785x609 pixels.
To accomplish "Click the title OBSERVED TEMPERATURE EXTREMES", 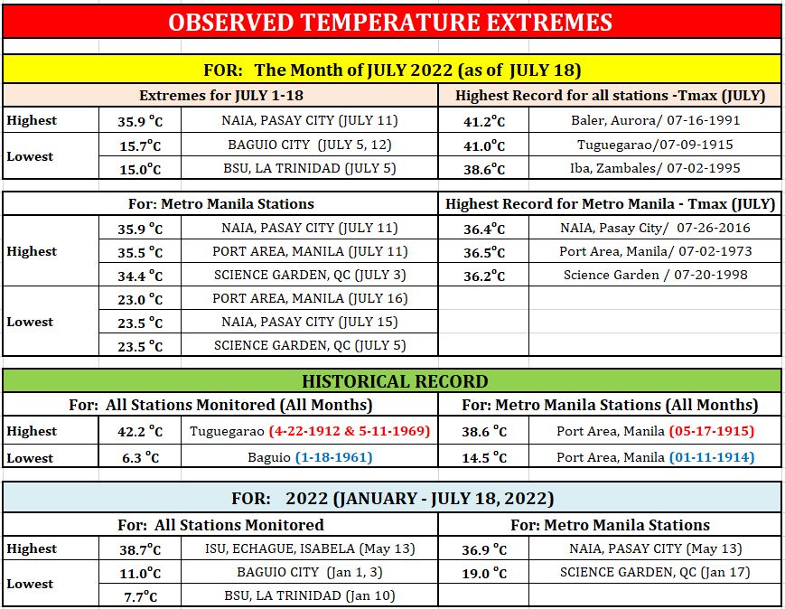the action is [x=390, y=23].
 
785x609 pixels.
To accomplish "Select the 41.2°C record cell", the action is [x=483, y=121].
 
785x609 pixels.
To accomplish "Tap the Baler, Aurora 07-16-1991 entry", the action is [x=655, y=120].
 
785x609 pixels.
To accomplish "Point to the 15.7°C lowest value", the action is [x=140, y=145].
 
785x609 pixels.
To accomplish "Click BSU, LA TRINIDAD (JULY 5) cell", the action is [x=310, y=168].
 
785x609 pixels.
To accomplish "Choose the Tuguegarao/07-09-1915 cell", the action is [x=655, y=145].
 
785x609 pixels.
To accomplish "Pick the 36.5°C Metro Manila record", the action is [x=483, y=252].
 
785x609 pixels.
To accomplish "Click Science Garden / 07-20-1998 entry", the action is [x=655, y=275].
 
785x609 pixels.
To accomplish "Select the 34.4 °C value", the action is [x=140, y=276].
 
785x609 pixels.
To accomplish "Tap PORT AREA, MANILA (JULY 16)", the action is [x=310, y=298].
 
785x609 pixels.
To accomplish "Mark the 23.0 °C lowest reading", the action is [x=140, y=299].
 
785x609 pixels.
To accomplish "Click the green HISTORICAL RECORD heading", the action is [x=395, y=381].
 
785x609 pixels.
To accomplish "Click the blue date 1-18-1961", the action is [x=334, y=457].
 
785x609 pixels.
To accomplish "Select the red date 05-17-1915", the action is [x=712, y=431].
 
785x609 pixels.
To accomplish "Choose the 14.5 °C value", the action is [x=483, y=458].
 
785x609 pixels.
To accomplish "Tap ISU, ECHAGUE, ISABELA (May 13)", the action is [x=310, y=548].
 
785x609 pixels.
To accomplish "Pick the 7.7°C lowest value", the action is [x=140, y=596].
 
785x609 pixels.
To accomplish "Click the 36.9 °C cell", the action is [x=483, y=549].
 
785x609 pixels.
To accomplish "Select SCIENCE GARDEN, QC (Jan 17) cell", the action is [x=655, y=573].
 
